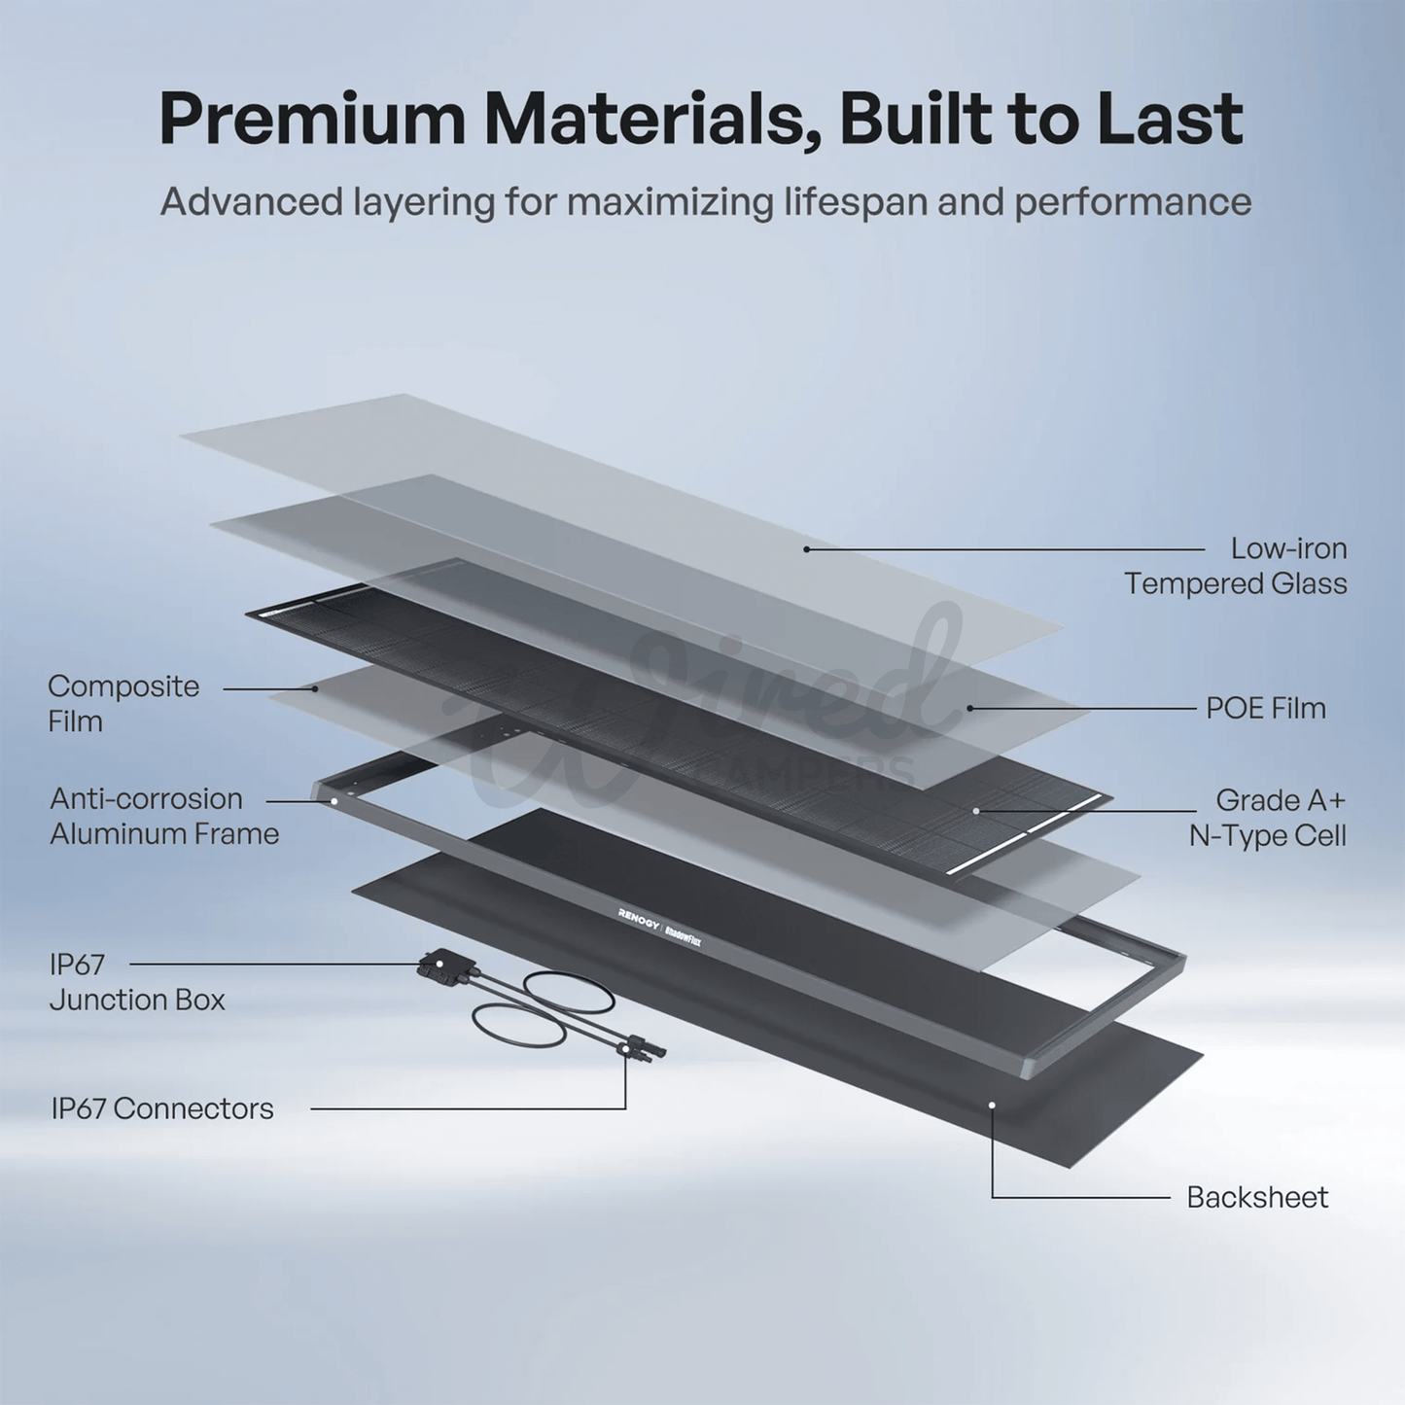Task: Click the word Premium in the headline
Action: [x=312, y=120]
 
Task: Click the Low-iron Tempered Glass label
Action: [x=1235, y=566]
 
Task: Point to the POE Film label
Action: [x=1266, y=708]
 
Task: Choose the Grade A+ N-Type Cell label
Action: [x=1268, y=818]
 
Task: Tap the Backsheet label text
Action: [x=1258, y=1197]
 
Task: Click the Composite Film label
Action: [x=123, y=704]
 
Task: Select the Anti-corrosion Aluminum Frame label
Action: [x=164, y=817]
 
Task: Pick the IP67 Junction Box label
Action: [x=137, y=982]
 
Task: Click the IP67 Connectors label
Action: [x=162, y=1109]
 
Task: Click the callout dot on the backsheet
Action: [x=992, y=1105]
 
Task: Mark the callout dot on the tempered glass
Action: [x=806, y=549]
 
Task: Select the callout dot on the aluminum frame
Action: [x=334, y=800]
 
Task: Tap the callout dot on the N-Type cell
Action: [x=975, y=810]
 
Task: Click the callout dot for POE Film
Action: [x=970, y=707]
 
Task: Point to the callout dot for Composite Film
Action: [x=315, y=687]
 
